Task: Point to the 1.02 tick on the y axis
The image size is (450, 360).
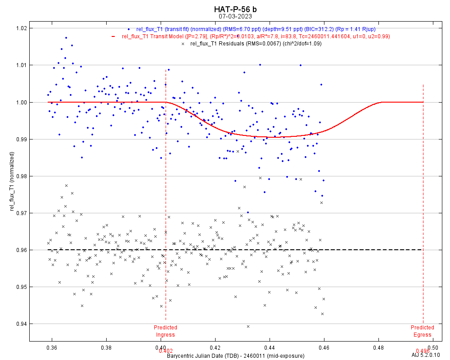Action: (21, 28)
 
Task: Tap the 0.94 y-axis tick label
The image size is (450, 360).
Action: (21, 324)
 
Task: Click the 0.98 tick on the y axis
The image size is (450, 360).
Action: (21, 176)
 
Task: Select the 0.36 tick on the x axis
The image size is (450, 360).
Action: (52, 347)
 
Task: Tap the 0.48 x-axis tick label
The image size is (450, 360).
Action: (379, 347)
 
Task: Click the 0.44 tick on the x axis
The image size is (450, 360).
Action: (270, 347)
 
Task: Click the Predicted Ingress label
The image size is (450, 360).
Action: (166, 331)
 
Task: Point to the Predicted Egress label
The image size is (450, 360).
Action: (423, 331)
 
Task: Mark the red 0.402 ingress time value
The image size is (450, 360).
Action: (166, 351)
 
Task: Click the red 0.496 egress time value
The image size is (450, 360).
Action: (423, 351)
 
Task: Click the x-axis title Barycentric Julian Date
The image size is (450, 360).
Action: (235, 355)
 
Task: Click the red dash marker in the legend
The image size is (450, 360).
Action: (114, 36)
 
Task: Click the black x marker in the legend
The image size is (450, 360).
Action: (182, 44)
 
